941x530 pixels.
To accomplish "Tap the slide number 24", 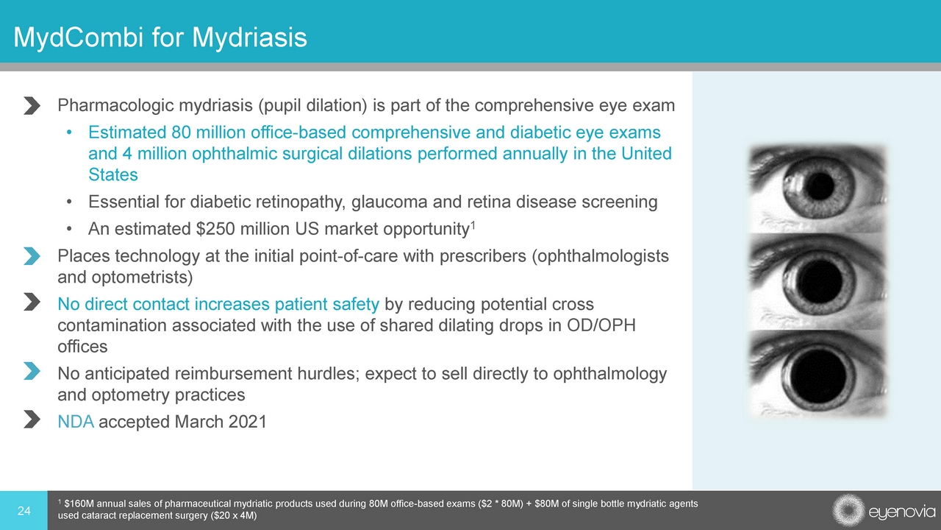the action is [x=24, y=511].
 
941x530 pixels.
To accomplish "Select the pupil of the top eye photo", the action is [x=819, y=185].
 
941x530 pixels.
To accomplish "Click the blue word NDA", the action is [x=76, y=422].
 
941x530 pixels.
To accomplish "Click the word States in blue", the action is [x=113, y=174].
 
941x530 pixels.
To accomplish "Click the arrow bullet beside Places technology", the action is [x=32, y=256].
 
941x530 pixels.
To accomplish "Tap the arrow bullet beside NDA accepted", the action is [x=32, y=420].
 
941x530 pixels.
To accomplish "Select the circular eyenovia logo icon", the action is [x=848, y=510].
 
